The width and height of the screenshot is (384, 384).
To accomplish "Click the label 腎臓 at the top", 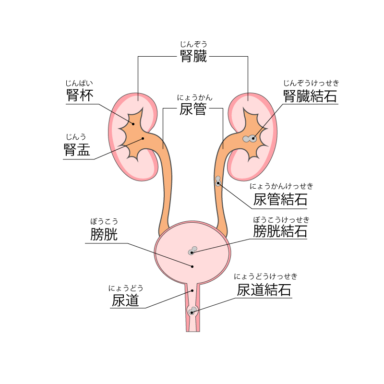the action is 193,56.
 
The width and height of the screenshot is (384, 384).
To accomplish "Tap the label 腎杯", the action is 80,95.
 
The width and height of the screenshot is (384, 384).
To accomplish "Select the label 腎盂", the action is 77,149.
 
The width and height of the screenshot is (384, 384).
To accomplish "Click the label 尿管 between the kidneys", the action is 193,109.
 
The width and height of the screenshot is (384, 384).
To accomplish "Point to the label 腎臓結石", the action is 310,96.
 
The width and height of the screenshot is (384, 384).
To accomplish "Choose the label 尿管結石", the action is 280,199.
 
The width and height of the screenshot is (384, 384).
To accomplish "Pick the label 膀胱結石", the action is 280,231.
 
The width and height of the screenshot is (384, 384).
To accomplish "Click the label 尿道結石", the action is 264,290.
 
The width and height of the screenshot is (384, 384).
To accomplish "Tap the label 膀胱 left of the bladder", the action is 104,234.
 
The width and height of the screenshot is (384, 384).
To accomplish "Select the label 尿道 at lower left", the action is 125,300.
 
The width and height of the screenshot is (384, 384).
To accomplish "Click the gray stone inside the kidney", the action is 250,139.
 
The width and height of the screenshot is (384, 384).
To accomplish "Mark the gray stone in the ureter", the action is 218,181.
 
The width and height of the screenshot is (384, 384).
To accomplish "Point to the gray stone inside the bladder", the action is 192,251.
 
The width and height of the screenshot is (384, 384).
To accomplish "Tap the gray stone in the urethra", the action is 192,311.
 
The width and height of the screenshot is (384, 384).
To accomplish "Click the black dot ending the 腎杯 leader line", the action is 133,124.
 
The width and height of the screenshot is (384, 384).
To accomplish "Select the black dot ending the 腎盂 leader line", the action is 143,138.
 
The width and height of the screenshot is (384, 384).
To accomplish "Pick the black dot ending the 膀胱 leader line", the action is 192,266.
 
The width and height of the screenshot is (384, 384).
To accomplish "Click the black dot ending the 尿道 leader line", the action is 192,291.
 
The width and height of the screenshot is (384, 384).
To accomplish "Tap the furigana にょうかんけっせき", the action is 281,186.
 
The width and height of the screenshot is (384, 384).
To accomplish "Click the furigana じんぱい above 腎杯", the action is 79,83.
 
